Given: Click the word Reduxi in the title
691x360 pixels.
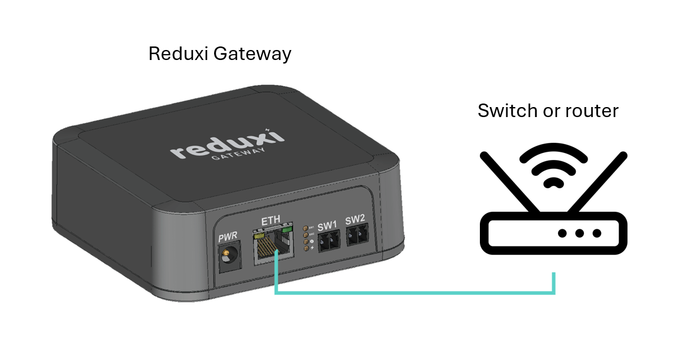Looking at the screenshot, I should pyautogui.click(x=178, y=54).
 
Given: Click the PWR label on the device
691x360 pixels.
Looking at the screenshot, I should pyautogui.click(x=227, y=238).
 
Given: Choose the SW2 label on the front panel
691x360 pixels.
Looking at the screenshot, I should pyautogui.click(x=355, y=221).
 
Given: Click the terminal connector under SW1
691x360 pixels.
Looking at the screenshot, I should pyautogui.click(x=328, y=240).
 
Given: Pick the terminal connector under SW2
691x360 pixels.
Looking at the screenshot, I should pyautogui.click(x=356, y=236).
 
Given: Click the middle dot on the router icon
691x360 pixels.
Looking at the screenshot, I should pyautogui.click(x=580, y=233).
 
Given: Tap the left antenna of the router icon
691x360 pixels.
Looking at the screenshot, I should pyautogui.click(x=509, y=181).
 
